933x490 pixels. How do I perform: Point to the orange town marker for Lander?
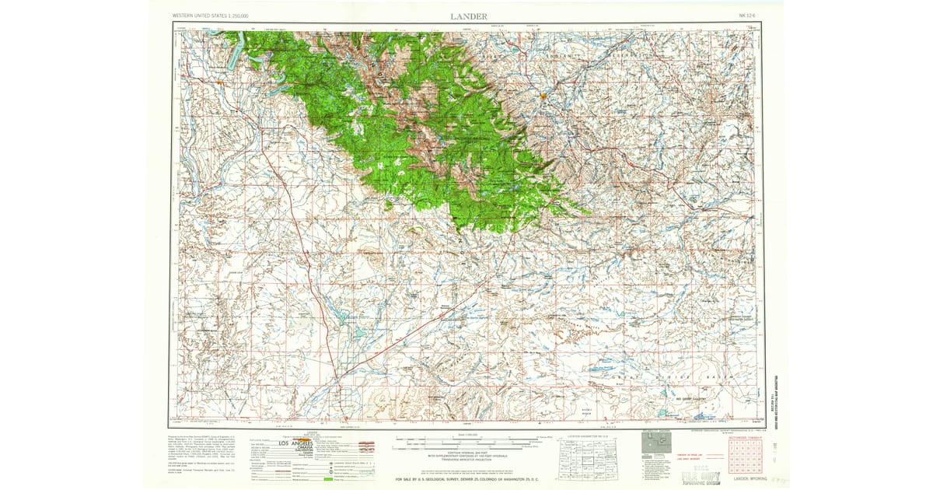(x=543, y=96)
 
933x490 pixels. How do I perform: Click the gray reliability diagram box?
(x=654, y=444)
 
